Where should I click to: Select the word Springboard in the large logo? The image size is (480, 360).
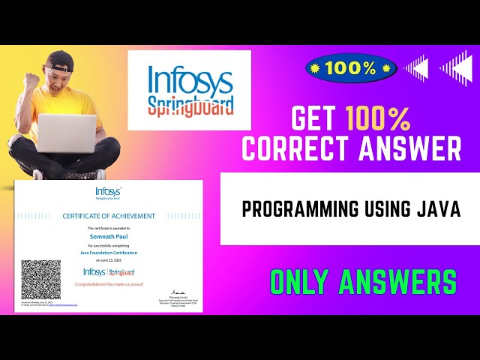[x=190, y=102]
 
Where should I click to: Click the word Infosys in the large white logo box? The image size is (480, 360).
[x=190, y=77]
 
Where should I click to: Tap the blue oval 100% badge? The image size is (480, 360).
[x=351, y=68]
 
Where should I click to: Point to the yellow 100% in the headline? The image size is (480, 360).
[x=377, y=118]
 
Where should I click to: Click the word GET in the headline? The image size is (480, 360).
[x=316, y=118]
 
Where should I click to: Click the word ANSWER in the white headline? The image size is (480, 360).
[x=406, y=148]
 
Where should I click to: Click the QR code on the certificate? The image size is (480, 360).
[x=41, y=279]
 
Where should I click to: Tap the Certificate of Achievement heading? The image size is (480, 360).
[x=109, y=216]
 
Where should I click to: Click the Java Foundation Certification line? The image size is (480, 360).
[x=109, y=253]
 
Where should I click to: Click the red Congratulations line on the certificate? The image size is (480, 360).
[x=109, y=285]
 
